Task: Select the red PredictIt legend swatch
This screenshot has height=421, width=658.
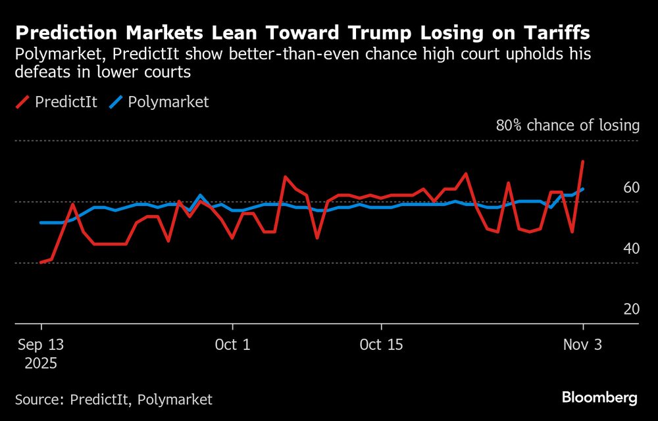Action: pyautogui.click(x=24, y=102)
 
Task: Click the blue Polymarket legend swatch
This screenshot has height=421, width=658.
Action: pyautogui.click(x=115, y=102)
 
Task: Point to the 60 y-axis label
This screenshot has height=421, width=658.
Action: pyautogui.click(x=631, y=187)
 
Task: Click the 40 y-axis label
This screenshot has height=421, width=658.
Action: pyautogui.click(x=631, y=249)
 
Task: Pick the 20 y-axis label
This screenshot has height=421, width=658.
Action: pyautogui.click(x=631, y=309)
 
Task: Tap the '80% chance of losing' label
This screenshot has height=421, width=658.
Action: pyautogui.click(x=567, y=125)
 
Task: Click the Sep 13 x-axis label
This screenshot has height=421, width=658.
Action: pyautogui.click(x=41, y=345)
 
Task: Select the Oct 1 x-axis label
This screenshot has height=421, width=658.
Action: pyautogui.click(x=233, y=345)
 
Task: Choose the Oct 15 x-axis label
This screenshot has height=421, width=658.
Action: pyautogui.click(x=382, y=345)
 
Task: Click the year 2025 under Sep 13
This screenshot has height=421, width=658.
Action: pyautogui.click(x=41, y=363)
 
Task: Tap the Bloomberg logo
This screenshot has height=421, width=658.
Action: pyautogui.click(x=599, y=397)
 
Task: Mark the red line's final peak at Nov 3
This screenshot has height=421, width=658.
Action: pyautogui.click(x=583, y=161)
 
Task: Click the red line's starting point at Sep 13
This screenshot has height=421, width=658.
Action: pyautogui.click(x=41, y=262)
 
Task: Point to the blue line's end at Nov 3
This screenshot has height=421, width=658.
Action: pyautogui.click(x=583, y=189)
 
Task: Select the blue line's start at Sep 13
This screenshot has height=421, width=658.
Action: pyautogui.click(x=41, y=222)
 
